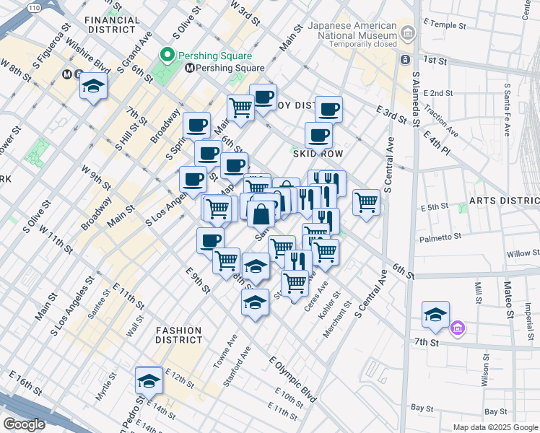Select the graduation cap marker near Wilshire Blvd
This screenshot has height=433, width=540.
point(94,87)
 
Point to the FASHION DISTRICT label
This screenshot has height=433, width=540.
point(179,334)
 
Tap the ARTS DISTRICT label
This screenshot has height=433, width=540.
point(503,200)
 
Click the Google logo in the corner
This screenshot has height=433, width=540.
point(24,424)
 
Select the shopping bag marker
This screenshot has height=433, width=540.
point(261,214)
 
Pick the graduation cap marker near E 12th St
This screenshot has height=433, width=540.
point(149,380)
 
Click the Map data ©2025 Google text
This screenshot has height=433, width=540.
point(495,427)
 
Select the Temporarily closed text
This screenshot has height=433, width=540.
point(352,43)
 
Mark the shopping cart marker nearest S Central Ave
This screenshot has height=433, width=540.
point(366,203)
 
